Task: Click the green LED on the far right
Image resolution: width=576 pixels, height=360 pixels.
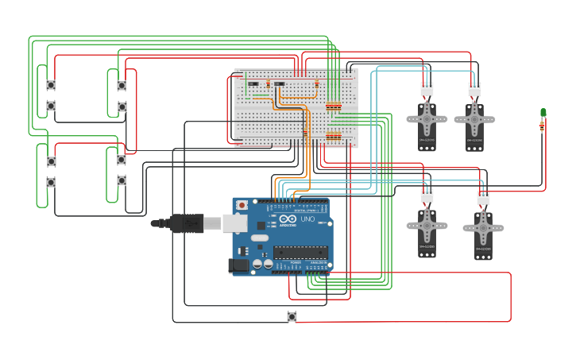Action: [543, 112]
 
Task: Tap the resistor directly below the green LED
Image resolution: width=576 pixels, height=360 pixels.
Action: [543, 125]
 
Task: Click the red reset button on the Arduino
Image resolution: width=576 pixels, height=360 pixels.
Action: [242, 205]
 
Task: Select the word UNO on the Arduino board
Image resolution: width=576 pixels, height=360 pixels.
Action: [306, 219]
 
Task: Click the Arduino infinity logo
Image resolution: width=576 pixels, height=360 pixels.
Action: [288, 219]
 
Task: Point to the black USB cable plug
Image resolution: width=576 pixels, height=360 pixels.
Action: [186, 224]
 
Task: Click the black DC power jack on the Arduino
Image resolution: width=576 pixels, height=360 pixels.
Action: [238, 265]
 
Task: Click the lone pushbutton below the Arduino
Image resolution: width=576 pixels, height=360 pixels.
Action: [292, 316]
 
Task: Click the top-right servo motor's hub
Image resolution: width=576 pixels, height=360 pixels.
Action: [474, 120]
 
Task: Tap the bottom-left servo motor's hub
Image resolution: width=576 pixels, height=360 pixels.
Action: [427, 225]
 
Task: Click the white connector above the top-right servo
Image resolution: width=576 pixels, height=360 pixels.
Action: [474, 89]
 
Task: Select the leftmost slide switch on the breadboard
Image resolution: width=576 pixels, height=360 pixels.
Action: [253, 83]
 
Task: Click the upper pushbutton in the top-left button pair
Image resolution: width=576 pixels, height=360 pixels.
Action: [51, 85]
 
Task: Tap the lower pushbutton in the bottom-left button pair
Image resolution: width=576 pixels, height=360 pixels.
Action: [51, 182]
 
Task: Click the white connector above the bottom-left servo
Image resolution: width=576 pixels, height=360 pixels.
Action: [427, 195]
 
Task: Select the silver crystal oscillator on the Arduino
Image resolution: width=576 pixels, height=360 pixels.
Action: [260, 238]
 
